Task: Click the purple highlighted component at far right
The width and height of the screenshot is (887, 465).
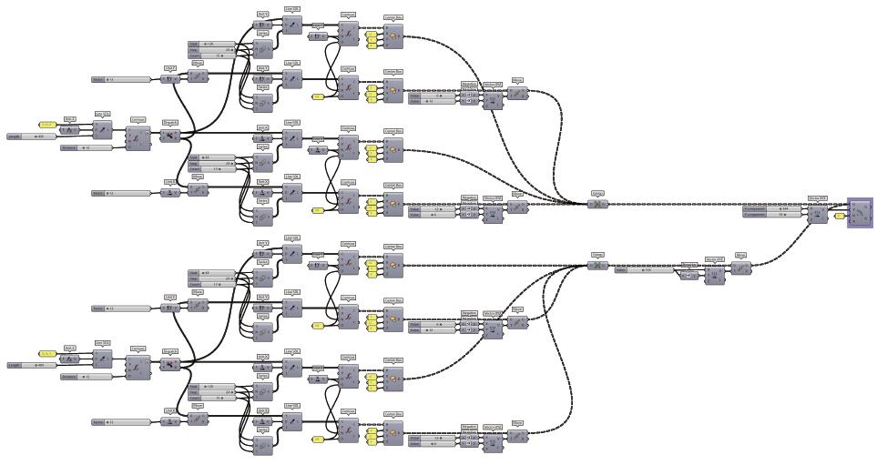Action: (x=860, y=213)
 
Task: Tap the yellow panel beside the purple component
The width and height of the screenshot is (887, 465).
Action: (x=838, y=217)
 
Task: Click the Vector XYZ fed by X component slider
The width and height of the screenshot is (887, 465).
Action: (x=817, y=213)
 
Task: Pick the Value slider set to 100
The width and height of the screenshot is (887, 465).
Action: (x=646, y=269)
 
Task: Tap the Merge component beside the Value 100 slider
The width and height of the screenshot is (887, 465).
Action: (x=597, y=266)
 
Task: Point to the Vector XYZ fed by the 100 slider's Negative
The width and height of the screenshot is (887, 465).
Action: (x=715, y=272)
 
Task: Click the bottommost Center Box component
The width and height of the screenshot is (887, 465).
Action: (x=393, y=431)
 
